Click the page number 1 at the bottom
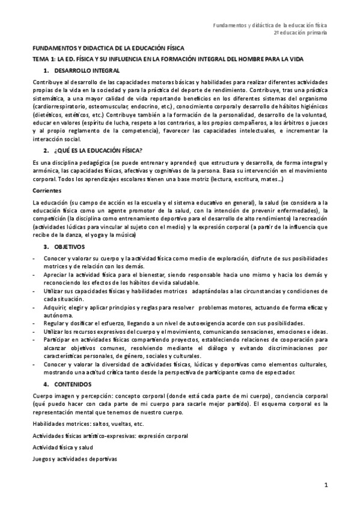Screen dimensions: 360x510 pos(325,485)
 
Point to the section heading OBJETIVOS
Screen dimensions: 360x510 pos(69,246)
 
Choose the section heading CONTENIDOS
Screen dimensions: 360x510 pos(73,383)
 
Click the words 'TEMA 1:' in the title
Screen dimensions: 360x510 pos(44,59)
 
